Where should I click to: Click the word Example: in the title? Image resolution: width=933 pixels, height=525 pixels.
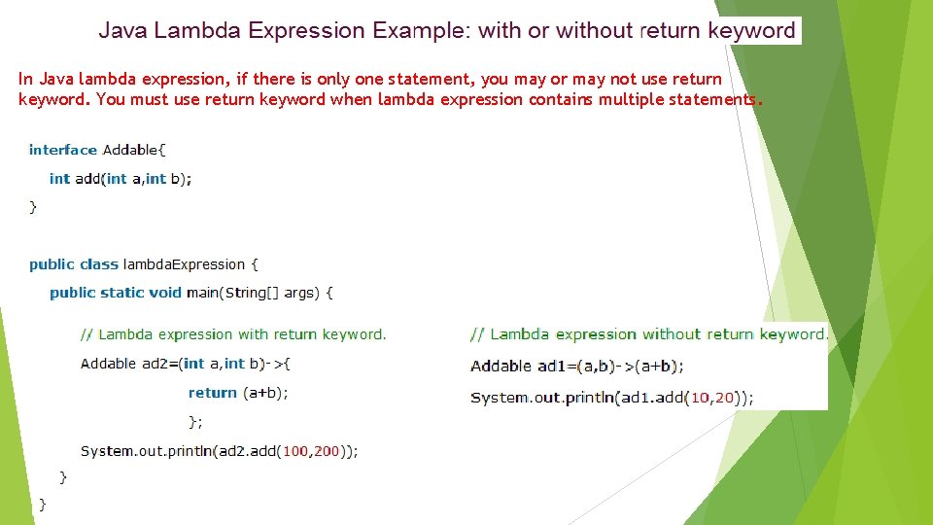point(422,31)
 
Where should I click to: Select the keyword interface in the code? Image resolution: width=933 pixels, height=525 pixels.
point(63,150)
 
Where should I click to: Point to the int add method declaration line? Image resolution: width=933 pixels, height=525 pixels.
point(121,179)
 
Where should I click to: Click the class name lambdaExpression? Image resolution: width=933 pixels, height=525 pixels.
point(184,264)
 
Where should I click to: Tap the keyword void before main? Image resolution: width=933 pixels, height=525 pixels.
point(165,293)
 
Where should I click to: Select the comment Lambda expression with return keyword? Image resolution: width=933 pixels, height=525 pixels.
point(233,334)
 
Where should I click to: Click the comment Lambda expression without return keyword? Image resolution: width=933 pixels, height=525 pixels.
point(648,334)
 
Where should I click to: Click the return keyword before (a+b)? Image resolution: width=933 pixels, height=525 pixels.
point(213,393)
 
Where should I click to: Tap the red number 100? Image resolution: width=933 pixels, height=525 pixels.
point(295,451)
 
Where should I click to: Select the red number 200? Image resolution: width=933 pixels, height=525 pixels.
point(327,451)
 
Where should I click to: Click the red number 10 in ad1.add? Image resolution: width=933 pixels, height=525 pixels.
point(697,398)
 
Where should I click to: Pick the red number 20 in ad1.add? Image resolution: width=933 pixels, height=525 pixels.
point(723,398)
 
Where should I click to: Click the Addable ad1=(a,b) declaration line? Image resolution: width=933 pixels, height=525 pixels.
point(576,367)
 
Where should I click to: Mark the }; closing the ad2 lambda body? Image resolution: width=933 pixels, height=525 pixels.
point(195,422)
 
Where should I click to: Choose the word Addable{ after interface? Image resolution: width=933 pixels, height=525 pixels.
point(134,150)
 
